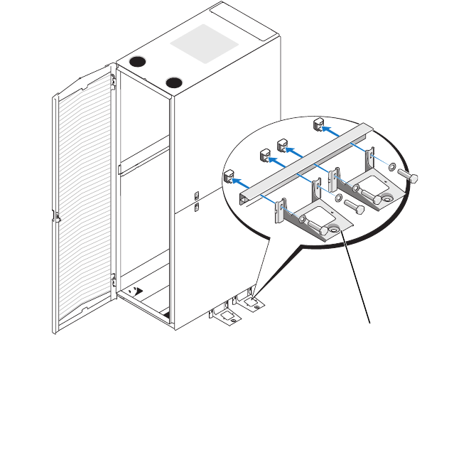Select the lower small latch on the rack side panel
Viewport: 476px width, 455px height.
pyautogui.click(x=197, y=208)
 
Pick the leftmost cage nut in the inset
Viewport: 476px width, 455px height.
pyautogui.click(x=229, y=176)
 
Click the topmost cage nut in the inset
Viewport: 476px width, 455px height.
pyautogui.click(x=318, y=126)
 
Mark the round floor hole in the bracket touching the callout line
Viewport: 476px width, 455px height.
pyautogui.click(x=331, y=230)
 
